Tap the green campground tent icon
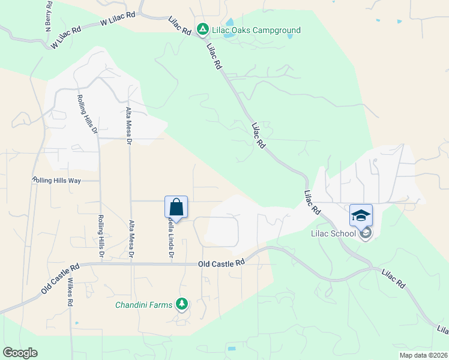click(x=203, y=29)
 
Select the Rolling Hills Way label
click(x=57, y=180)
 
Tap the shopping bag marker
click(x=176, y=208)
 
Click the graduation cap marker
click(x=361, y=215)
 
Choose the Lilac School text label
click(x=333, y=233)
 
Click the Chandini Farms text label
click(x=143, y=304)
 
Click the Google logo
click(x=20, y=352)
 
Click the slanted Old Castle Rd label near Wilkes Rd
click(x=60, y=279)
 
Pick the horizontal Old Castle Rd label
click(x=221, y=263)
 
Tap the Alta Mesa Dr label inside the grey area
click(x=128, y=126)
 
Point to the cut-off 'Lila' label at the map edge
click(x=442, y=329)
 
